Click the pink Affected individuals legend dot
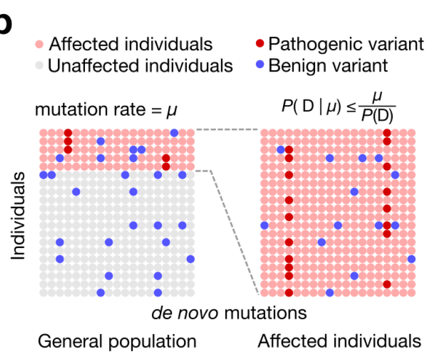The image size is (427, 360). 39,44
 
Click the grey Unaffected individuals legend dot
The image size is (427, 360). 39,65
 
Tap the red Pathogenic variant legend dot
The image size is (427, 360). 260,44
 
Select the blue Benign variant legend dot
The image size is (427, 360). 260,65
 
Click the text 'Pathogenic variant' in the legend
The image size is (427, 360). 346,44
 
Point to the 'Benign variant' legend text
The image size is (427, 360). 328,65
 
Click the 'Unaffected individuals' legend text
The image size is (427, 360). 140,65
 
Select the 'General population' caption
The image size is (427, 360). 117,341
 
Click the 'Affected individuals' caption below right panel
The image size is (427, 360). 339,341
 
